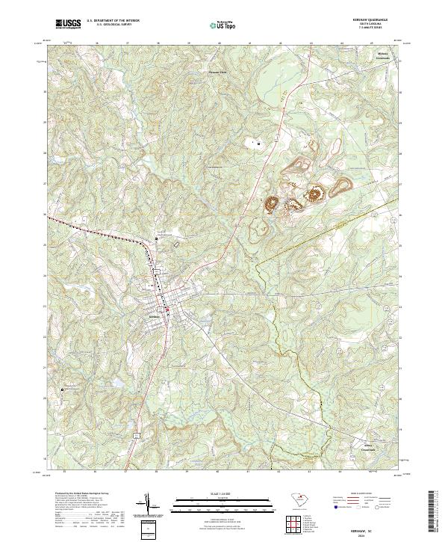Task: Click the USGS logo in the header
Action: pyautogui.click(x=68, y=24)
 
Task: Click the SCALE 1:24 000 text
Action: pyautogui.click(x=207, y=495)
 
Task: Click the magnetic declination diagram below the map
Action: pyautogui.click(x=148, y=505)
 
